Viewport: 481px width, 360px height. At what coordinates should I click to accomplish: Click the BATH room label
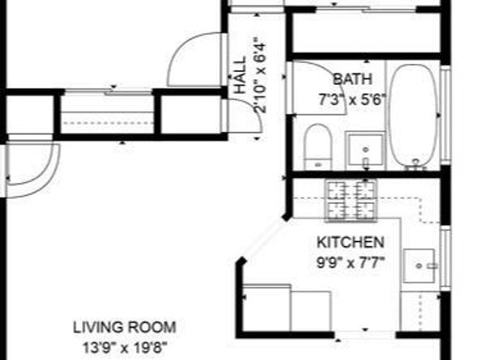tap(353, 79)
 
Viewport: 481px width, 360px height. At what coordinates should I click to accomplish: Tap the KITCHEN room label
tap(351, 243)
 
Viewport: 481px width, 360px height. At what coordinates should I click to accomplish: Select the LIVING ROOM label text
tap(125, 327)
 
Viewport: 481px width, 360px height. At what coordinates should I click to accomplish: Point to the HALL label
tap(240, 74)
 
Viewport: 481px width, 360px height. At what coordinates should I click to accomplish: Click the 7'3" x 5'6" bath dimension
tap(351, 100)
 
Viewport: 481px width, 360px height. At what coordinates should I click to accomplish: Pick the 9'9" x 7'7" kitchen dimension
tap(351, 263)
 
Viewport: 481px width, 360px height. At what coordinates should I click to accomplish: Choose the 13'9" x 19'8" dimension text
tap(126, 347)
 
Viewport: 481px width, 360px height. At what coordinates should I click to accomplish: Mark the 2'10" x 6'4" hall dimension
tap(259, 75)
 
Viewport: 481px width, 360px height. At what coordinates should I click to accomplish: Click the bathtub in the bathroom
tap(414, 116)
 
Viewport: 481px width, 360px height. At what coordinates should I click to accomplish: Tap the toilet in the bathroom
tap(318, 146)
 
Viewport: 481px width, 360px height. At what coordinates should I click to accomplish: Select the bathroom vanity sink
tap(365, 150)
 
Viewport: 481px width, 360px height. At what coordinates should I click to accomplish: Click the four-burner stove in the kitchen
tap(351, 200)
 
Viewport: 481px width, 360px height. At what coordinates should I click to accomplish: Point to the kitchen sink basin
tap(419, 265)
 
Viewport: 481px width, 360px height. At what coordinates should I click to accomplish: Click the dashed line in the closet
tap(108, 123)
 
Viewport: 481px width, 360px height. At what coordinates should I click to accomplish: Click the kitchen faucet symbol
tap(432, 266)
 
